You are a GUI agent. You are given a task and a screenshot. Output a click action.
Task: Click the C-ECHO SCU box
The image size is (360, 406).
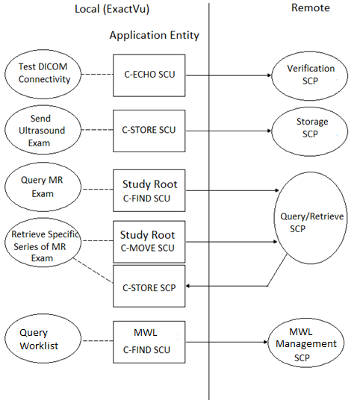[149, 75]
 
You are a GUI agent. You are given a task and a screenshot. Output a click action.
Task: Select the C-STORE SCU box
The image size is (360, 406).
[149, 129]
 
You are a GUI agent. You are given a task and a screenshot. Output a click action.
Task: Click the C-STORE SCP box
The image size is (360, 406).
[149, 285]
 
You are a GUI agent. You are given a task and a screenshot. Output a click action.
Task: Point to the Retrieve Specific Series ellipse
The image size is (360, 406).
[40, 246]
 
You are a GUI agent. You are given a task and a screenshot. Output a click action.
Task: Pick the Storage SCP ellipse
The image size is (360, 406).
[310, 128]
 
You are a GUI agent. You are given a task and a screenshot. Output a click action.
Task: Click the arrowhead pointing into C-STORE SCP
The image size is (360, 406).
[190, 285]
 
